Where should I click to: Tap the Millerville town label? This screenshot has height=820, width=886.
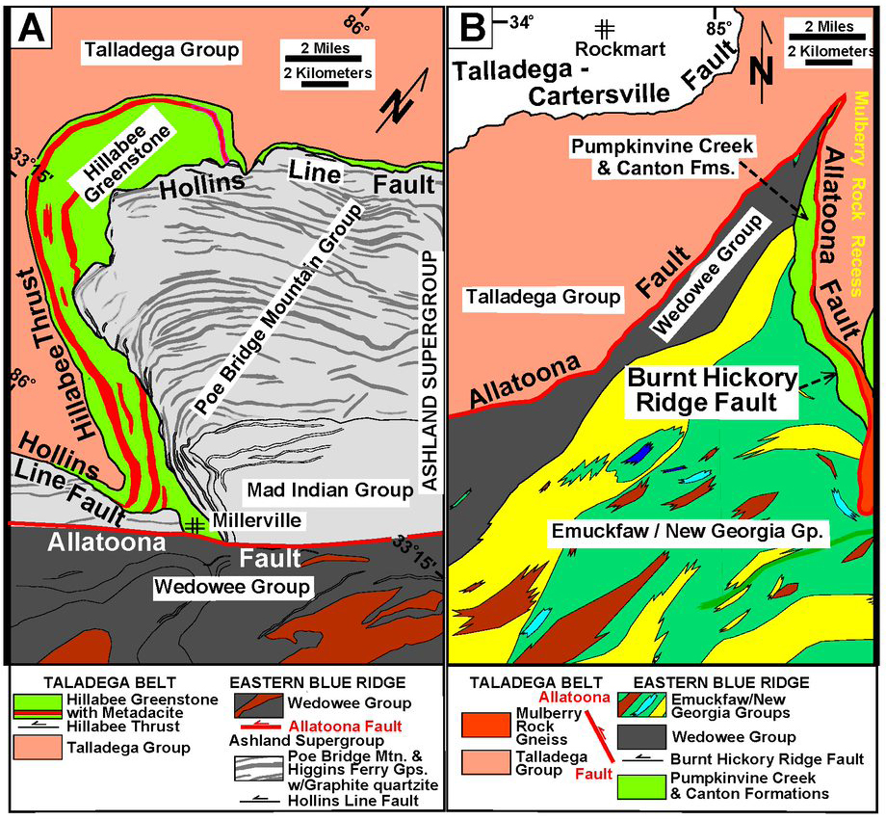[245, 522]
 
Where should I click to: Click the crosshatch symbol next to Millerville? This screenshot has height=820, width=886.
[195, 525]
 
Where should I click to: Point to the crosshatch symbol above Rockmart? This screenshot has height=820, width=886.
[606, 26]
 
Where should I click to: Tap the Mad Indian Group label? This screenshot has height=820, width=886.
[329, 490]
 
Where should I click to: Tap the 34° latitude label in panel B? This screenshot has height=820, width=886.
[521, 19]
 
